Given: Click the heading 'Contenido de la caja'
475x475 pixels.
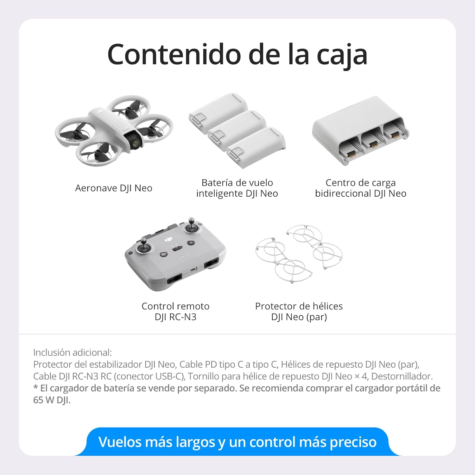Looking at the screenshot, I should coord(237,54).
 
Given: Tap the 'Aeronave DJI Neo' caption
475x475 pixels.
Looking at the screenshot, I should coord(114,188).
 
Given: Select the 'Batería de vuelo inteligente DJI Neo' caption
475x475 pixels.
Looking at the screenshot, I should coord(237,188).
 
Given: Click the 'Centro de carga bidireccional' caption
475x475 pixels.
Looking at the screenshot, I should coord(361,188).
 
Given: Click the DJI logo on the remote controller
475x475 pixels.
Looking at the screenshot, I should coord(169,240).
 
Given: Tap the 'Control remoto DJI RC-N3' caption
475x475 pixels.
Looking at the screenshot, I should coord(175,312).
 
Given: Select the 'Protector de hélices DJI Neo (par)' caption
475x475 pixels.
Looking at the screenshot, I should coord(299,312).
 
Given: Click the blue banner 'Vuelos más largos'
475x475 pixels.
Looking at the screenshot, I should coord(237,442).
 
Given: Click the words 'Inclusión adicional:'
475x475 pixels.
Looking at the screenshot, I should coord(73,352).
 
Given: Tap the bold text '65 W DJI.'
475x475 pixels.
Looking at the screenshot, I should coord(52,400).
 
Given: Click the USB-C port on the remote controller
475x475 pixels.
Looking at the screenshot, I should coord(193,269).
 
